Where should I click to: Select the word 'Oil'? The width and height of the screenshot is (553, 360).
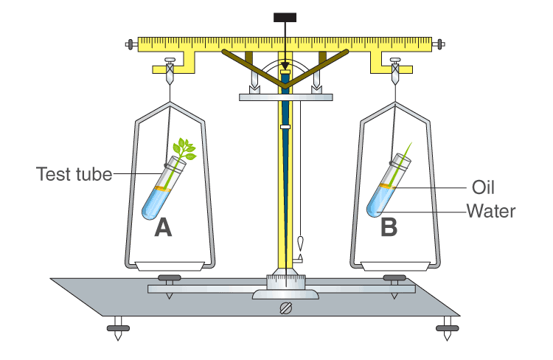click(x=482, y=187)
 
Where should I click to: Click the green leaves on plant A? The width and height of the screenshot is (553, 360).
click(x=185, y=150)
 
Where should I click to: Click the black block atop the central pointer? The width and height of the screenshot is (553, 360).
click(x=284, y=17)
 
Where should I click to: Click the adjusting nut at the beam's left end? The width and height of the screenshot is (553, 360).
click(x=131, y=45)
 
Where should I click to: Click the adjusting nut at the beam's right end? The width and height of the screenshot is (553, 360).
click(x=442, y=45)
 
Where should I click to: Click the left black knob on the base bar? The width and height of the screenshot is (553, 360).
click(x=169, y=278)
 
